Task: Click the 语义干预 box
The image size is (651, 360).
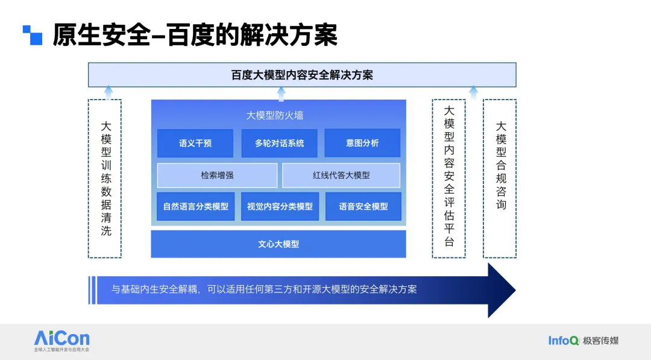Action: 195,144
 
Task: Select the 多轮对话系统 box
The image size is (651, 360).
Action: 279,144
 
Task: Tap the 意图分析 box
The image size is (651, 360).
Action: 362,144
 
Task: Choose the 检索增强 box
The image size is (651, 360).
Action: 217,175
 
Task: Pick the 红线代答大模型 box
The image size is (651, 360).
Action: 341,175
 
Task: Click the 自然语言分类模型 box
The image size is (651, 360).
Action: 195,206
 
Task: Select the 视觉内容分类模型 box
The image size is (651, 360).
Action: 280,206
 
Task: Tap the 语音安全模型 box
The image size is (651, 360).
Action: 363,206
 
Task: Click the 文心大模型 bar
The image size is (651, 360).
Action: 278,244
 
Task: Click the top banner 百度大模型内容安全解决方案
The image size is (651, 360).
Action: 302,75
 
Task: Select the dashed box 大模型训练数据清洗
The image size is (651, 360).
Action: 105,178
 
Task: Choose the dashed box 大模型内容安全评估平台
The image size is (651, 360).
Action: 448,178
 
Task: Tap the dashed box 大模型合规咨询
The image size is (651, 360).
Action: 500,178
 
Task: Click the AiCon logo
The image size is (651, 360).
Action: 61,339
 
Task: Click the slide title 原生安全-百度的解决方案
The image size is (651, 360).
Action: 195,35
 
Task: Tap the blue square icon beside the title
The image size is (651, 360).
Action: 33,35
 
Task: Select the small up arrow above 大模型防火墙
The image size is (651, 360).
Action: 281,93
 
